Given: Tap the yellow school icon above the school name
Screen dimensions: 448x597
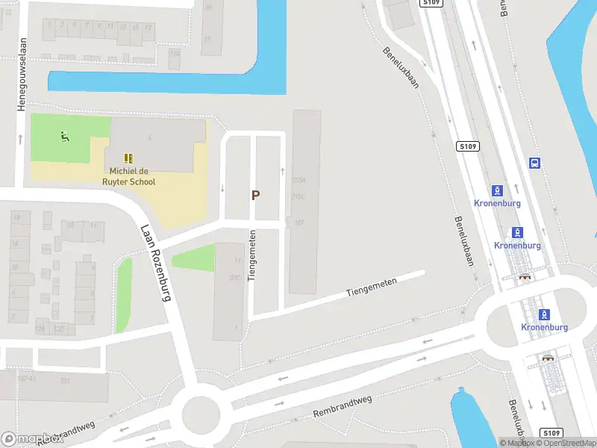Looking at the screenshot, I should pyautogui.click(x=128, y=158).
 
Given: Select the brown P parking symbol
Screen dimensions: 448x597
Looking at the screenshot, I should pyautogui.click(x=255, y=196).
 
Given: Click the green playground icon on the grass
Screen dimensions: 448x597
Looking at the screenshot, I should pyautogui.click(x=65, y=137).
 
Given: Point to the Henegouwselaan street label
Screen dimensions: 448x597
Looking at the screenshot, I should pyautogui.click(x=22, y=75).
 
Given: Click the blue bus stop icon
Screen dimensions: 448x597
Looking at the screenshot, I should pyautogui.click(x=534, y=163).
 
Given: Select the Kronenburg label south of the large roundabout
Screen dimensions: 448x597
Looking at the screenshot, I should pyautogui.click(x=545, y=327).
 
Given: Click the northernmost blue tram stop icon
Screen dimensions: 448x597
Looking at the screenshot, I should pyautogui.click(x=497, y=190).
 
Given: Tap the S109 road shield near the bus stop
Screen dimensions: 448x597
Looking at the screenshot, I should pyautogui.click(x=469, y=146).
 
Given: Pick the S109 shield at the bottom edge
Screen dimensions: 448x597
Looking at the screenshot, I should pyautogui.click(x=551, y=433).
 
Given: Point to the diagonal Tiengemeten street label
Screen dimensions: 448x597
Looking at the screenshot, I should pyautogui.click(x=372, y=287).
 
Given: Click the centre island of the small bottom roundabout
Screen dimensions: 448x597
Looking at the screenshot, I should pyautogui.click(x=201, y=412).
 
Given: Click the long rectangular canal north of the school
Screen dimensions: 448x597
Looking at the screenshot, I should pyautogui.click(x=167, y=82).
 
